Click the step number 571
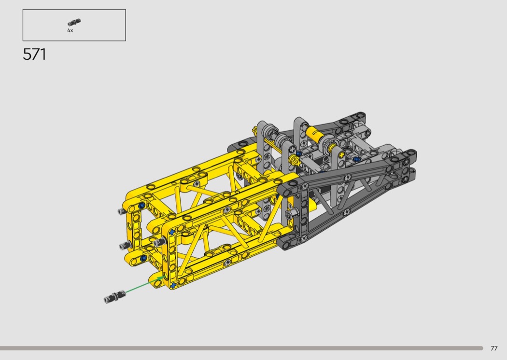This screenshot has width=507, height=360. point(34,55)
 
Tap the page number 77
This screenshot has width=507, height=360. point(494,348)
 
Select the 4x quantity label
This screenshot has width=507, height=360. point(70,30)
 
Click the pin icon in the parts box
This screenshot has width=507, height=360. point(74,22)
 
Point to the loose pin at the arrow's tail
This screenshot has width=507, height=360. point(115,296)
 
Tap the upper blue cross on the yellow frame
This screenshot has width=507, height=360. point(172,232)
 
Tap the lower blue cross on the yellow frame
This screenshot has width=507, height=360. point(174,285)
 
